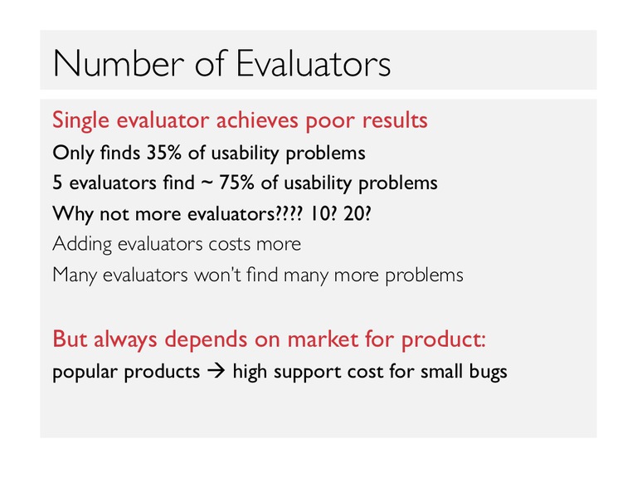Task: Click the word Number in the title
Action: coord(119,63)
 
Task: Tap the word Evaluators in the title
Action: coord(314,63)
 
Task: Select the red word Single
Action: coord(80,120)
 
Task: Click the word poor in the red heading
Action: coord(330,122)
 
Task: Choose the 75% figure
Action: coord(236,183)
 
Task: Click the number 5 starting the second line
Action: coord(57,183)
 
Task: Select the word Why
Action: coord(73,214)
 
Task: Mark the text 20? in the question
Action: coord(357,213)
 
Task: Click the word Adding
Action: coord(82,245)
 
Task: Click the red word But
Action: coord(70,339)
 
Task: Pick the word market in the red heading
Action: coord(323,339)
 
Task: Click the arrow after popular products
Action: coord(216,371)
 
